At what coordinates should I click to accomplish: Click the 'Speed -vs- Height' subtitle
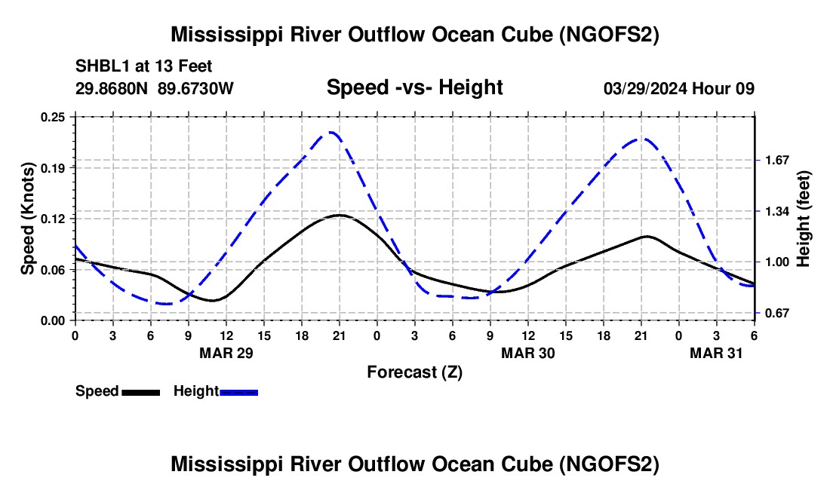tap(414, 88)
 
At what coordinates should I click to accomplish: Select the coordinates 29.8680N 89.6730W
tap(155, 88)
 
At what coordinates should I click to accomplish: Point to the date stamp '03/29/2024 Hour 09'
tap(679, 88)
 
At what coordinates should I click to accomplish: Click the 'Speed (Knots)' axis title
tap(27, 219)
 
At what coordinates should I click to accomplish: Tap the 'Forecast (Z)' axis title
tap(414, 372)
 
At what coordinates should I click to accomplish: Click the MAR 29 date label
tap(226, 353)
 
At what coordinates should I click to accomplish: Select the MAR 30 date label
tap(528, 353)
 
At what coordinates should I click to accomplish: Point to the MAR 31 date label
tap(717, 353)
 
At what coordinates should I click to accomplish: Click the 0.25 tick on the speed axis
tap(53, 117)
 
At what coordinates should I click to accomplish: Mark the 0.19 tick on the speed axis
tap(53, 167)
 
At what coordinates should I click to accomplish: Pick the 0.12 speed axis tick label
tap(53, 219)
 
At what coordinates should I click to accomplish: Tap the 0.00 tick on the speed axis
tap(53, 320)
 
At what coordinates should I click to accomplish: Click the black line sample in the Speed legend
tap(140, 392)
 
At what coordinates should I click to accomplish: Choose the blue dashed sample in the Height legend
tap(239, 392)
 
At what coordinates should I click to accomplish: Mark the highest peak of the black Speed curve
tap(340, 215)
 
